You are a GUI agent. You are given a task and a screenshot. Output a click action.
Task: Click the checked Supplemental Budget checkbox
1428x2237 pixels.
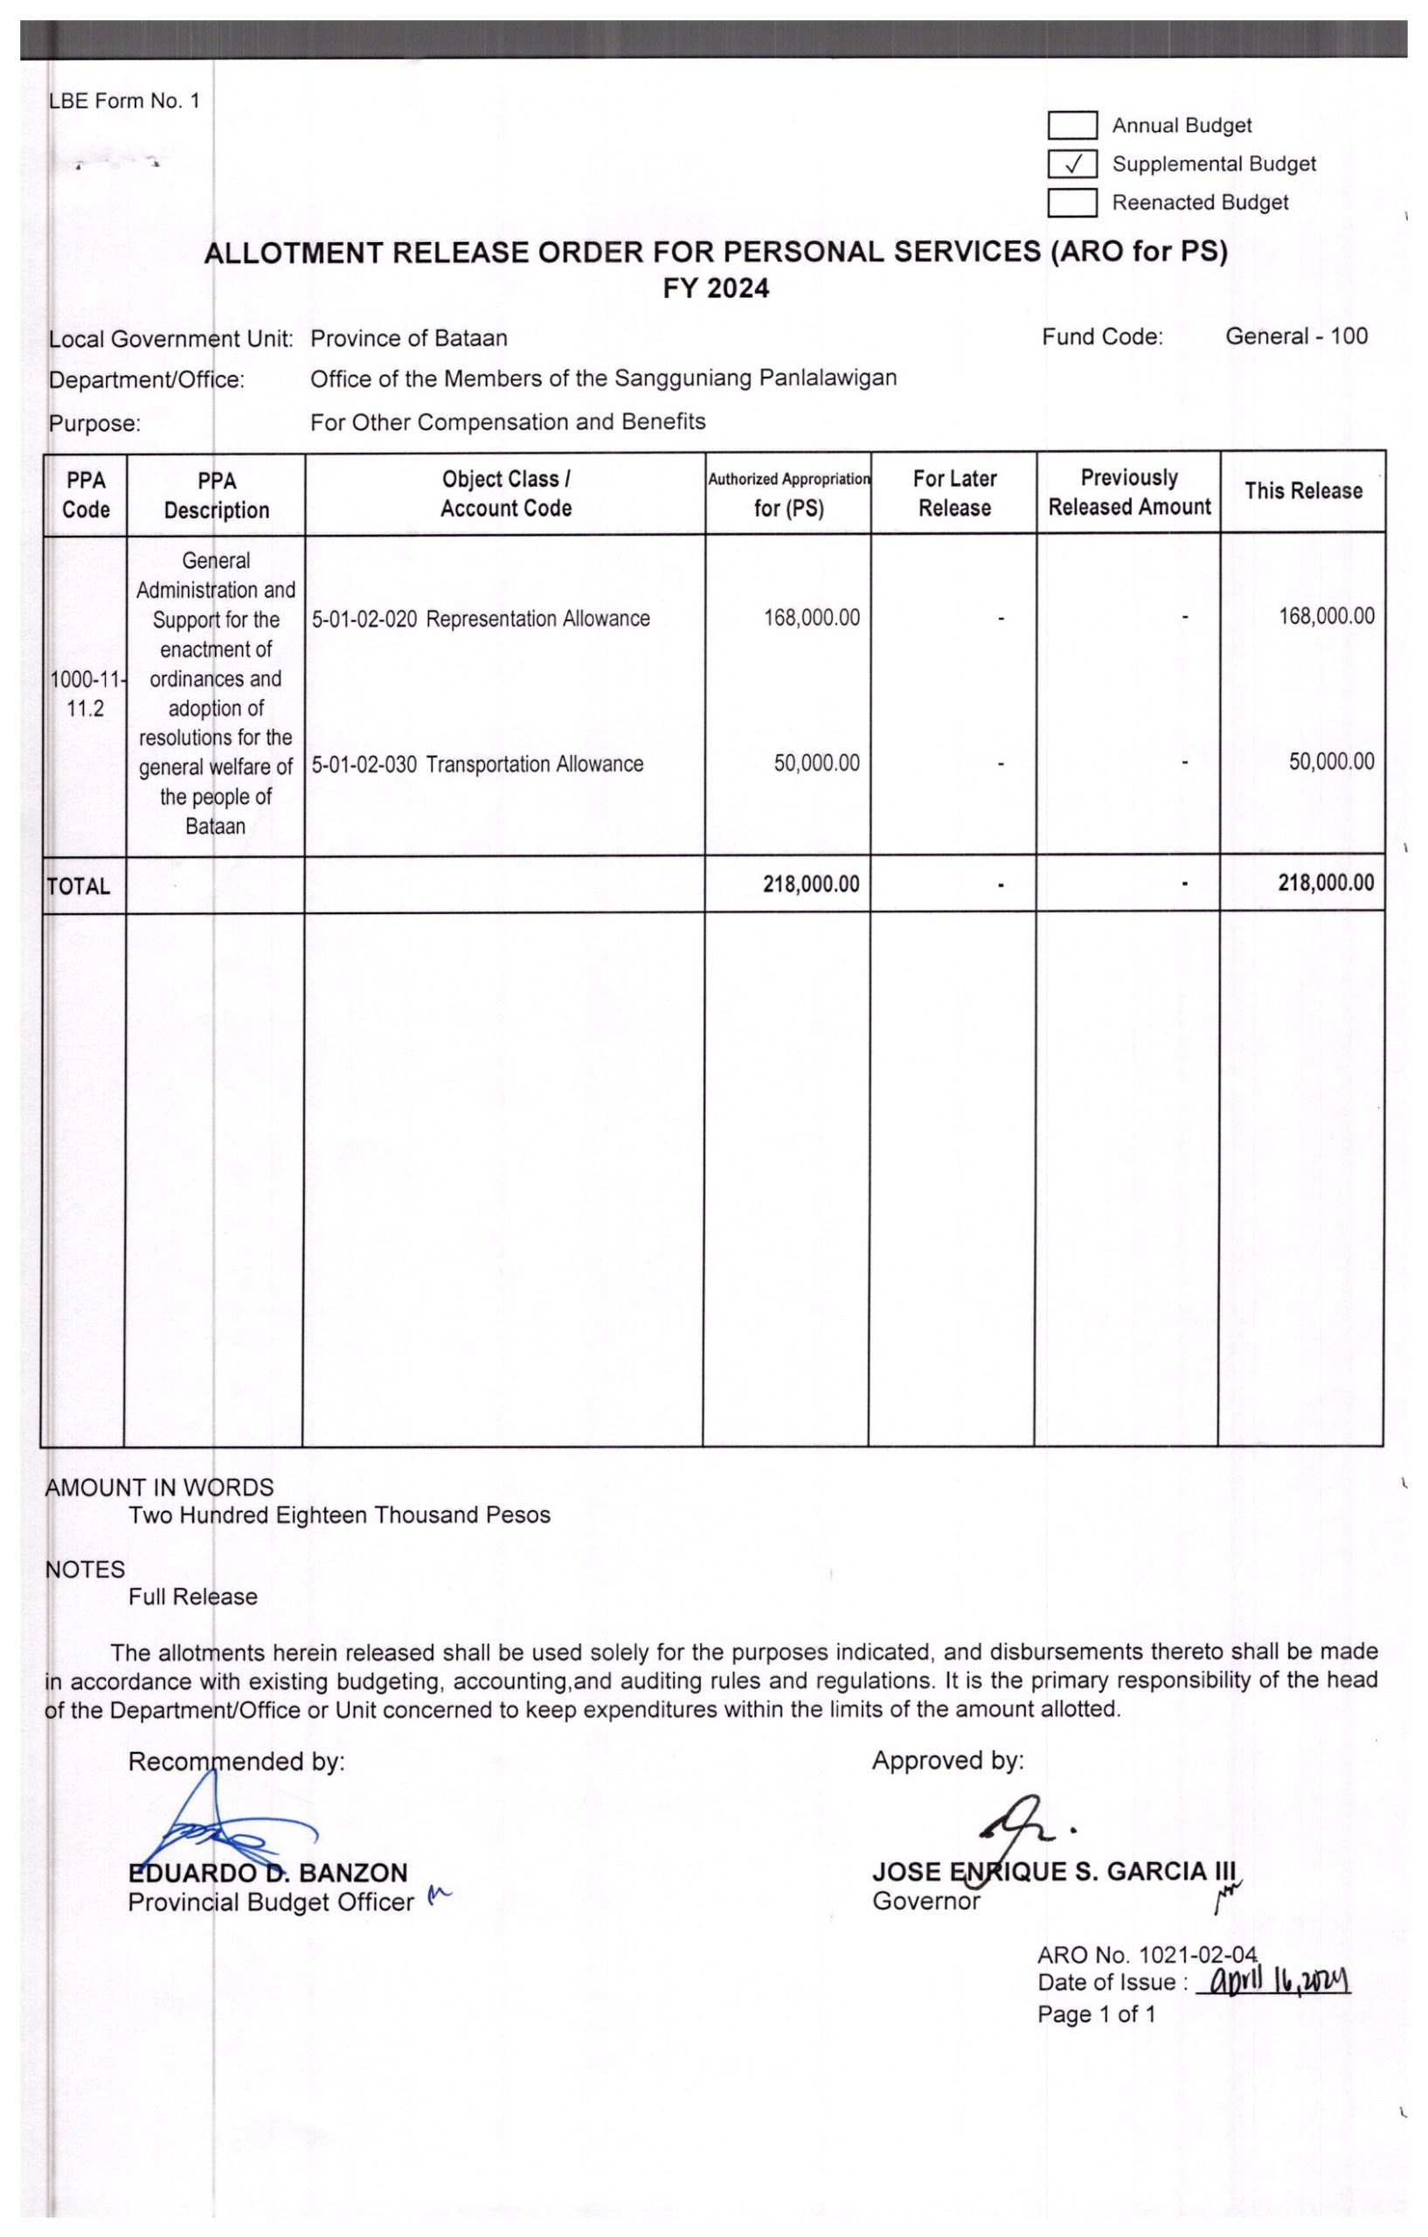tap(1073, 164)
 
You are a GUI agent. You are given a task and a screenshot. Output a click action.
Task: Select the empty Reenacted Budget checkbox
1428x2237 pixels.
tap(1073, 203)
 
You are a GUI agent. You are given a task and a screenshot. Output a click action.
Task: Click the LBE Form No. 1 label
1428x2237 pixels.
tap(124, 101)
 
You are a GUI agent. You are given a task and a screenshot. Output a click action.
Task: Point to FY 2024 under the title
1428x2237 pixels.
tap(716, 289)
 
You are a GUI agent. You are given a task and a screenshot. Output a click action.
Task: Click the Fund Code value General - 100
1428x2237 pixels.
tap(1296, 336)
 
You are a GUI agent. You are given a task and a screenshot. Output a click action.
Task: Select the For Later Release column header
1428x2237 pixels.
tap(954, 494)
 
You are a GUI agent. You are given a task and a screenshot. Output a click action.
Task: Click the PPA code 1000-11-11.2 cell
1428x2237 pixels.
tap(86, 694)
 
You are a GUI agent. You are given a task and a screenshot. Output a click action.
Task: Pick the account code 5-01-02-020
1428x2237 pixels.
tap(364, 619)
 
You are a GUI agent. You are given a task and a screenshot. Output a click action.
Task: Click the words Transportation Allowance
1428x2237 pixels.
tap(534, 765)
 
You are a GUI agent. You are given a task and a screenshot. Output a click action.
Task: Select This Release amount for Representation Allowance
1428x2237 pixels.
tap(1326, 617)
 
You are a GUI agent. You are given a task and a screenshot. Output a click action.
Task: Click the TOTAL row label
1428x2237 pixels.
tap(79, 886)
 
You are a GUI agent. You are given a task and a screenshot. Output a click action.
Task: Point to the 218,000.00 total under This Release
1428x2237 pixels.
tap(1325, 883)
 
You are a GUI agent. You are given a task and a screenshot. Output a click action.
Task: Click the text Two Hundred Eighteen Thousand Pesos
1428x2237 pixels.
tap(339, 1515)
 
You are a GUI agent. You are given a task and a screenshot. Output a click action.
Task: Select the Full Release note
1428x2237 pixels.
tap(193, 1597)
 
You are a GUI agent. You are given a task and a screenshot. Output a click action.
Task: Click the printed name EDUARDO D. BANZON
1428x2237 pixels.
tap(267, 1872)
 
